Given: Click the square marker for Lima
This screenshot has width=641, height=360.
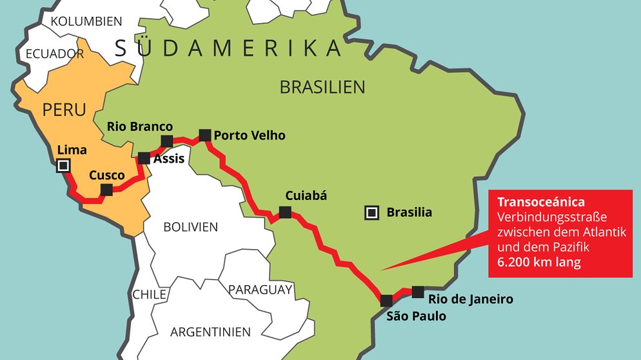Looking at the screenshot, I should coord(63,166).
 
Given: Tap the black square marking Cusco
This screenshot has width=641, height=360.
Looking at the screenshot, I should coord(107,189).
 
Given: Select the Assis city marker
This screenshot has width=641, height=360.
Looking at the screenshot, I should coord(144,158).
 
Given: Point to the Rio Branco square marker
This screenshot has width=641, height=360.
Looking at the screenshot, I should coord(166,141).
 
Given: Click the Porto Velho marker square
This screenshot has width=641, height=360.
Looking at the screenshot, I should coord(204,135).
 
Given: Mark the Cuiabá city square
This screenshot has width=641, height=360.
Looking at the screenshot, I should coord(284,212).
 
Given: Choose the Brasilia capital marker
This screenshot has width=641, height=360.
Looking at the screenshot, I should coord(371,212).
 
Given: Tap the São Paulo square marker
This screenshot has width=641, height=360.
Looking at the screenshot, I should coord(386,300).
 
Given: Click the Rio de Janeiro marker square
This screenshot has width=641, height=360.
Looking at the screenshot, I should coord(418,291).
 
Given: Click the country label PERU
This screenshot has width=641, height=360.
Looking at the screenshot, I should coord(64,110).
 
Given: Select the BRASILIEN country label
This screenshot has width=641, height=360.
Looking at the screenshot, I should coord(322,87).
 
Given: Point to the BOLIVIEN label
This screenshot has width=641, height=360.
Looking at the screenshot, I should coord(190,227).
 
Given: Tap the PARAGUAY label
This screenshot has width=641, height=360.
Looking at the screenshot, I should coord(260,290).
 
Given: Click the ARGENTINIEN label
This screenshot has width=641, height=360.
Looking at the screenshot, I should coord(210,332).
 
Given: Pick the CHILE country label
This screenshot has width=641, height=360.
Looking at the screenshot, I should coord(150,294).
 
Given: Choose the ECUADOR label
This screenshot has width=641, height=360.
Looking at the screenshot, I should coord(54,54).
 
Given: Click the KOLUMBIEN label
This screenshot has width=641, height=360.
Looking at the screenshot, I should coord(86,21).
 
